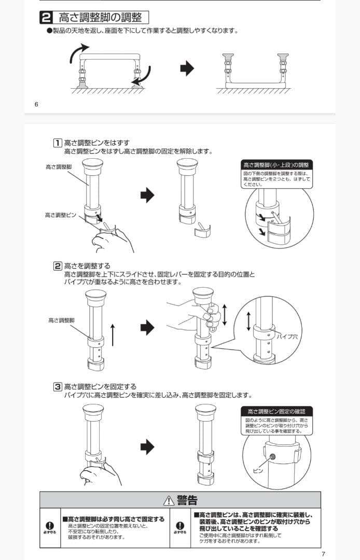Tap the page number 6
point(36,104)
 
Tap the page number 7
point(323,554)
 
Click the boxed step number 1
point(58,143)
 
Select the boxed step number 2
point(58,266)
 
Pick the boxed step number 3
point(58,386)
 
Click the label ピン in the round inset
point(258,470)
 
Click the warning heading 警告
point(187,500)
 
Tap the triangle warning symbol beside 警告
point(169,501)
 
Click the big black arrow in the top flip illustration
point(187,68)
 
